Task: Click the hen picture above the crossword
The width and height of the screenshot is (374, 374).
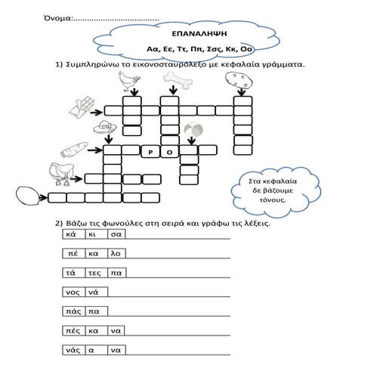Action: (129, 81)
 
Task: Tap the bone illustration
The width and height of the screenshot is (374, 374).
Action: (178, 80)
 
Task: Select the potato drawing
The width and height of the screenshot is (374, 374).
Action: (239, 80)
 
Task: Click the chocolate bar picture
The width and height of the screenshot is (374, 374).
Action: (82, 108)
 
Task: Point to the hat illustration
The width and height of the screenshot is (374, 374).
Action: (105, 128)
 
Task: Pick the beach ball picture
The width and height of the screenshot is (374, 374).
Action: (193, 130)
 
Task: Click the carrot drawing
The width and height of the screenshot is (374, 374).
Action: (74, 150)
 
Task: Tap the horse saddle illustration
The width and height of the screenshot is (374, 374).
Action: (61, 174)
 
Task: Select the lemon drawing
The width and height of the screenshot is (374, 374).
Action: (27, 196)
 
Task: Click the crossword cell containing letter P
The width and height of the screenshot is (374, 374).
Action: (150, 152)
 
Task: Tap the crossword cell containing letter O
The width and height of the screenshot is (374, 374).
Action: (169, 152)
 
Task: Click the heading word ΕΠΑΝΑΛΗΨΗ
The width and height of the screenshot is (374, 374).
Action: (199, 34)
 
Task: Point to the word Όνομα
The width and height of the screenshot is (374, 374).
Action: (58, 18)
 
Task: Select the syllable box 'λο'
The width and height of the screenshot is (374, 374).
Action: (116, 253)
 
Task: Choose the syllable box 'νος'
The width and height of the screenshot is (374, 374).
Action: (74, 292)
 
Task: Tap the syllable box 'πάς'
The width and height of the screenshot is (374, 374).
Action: (74, 311)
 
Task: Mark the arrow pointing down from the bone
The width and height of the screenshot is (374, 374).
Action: (173, 90)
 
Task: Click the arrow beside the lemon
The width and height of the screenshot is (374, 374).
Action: (43, 197)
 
